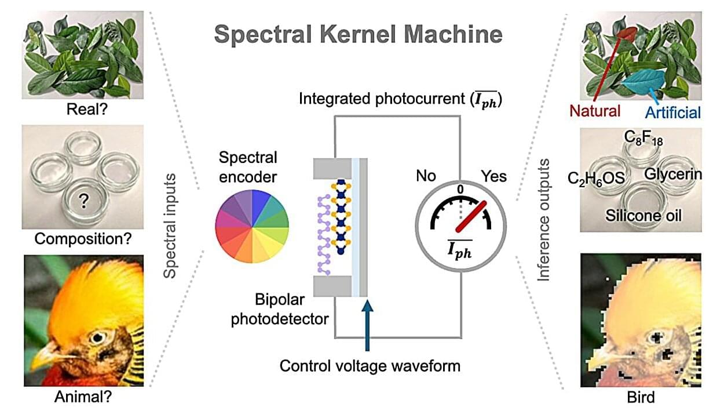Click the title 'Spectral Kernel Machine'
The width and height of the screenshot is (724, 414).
pos(358,35)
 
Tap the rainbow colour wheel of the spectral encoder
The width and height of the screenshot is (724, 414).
pos(252,226)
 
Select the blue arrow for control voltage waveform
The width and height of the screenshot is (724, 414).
pos(367,325)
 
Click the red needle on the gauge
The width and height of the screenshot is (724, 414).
pos(471,216)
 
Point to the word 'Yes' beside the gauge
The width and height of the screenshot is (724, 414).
pos(494,176)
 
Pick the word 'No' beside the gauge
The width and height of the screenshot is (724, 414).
pos(426,176)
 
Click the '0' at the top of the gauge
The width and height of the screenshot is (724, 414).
pos(460,190)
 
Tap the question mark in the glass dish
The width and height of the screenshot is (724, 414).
pos(84,201)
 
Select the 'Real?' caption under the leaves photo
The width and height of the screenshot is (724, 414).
pos(87,110)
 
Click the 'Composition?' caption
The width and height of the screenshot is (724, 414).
pos(83,239)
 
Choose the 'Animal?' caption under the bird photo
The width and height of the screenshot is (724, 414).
pos(83,396)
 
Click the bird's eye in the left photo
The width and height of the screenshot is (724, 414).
pos(97,337)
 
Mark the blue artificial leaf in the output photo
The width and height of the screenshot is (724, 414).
pos(643,79)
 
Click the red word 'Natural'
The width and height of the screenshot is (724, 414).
pos(595,111)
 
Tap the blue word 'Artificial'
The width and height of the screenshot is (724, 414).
pos(673,112)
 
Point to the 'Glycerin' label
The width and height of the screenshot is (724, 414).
pos(673,175)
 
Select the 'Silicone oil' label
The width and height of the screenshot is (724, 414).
pos(643,216)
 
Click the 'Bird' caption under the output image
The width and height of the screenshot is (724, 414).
pos(641,397)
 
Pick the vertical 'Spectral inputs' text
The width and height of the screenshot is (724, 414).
pos(170,226)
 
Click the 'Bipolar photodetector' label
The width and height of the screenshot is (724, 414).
pos(280,310)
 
